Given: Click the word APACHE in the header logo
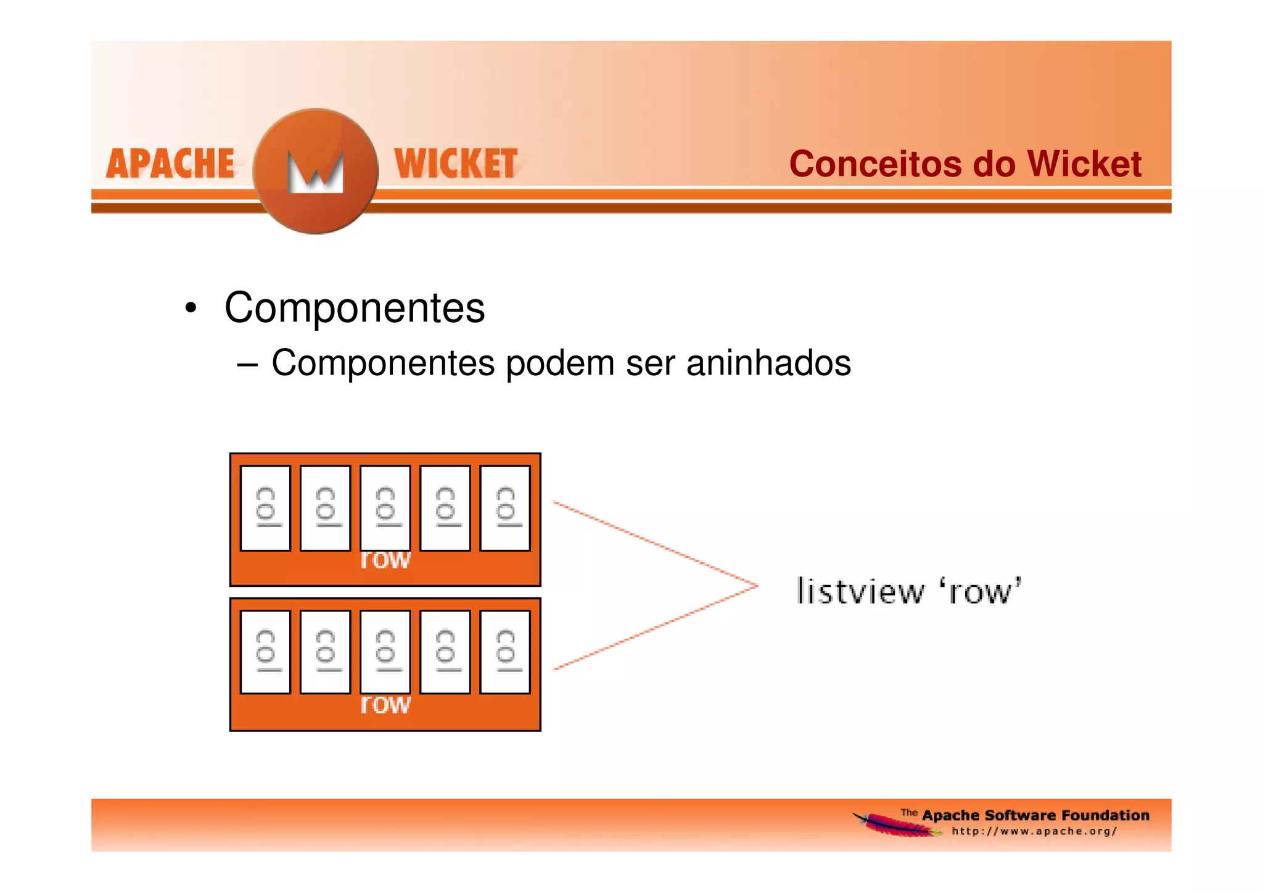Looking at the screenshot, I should point(170,164).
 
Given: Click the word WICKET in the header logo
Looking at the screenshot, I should point(456,164).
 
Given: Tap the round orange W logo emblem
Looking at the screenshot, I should point(316,171).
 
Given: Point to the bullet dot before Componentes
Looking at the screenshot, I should point(191,308).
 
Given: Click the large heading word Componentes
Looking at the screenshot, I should point(355,308).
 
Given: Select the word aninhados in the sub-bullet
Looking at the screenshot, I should point(768,363).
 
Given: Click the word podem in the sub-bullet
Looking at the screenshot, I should point(561,363).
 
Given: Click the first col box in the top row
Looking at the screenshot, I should point(265,508).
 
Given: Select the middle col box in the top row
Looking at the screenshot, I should point(385,508).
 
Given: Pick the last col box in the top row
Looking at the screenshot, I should point(505,508).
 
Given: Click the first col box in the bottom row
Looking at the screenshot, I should point(265,652).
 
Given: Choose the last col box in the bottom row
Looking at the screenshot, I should point(505,652).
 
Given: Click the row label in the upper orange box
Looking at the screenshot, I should point(385,560).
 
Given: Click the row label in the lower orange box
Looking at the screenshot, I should point(385,704).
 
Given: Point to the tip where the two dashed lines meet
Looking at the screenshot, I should point(757,586).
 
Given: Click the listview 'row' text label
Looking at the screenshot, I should point(909,591).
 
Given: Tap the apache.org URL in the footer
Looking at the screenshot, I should point(1034,831).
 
